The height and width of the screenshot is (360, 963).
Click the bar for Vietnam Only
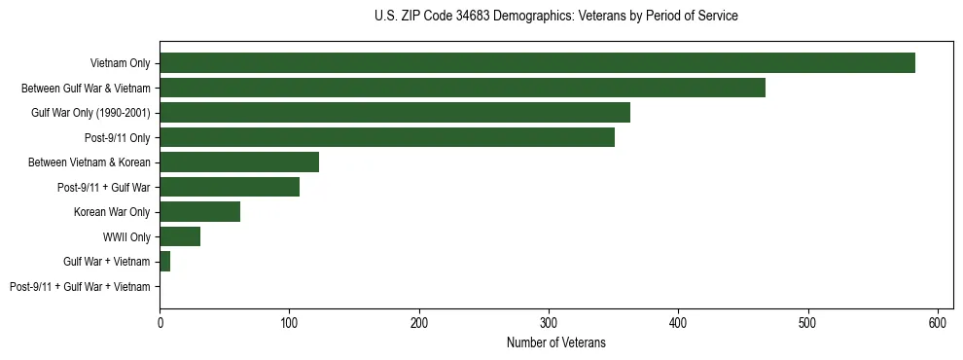pyautogui.click(x=537, y=63)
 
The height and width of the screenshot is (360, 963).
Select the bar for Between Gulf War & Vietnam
pyautogui.click(x=462, y=88)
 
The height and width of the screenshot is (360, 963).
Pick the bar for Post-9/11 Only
pyautogui.click(x=387, y=137)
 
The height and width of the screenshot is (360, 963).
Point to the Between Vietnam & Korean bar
pyautogui.click(x=239, y=162)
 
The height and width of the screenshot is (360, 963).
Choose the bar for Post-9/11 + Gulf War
pyautogui.click(x=230, y=187)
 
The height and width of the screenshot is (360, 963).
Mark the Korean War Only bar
pyautogui.click(x=199, y=212)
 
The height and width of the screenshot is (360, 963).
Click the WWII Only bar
pyautogui.click(x=180, y=236)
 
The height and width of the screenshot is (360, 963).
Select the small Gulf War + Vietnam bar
pyautogui.click(x=165, y=262)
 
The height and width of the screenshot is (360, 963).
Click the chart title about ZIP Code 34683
pyautogui.click(x=555, y=17)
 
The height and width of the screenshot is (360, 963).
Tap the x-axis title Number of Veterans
pyautogui.click(x=555, y=342)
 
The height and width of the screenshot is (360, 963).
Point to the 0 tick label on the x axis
pyautogui.click(x=160, y=322)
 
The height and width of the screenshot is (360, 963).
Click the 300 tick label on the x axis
pyautogui.click(x=549, y=322)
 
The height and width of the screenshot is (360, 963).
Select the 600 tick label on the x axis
pyautogui.click(x=938, y=322)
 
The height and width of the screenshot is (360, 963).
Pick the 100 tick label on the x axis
pyautogui.click(x=289, y=322)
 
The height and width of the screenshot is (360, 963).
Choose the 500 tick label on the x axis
pyautogui.click(x=808, y=322)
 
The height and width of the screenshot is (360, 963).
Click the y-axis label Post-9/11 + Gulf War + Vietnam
pyautogui.click(x=80, y=287)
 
